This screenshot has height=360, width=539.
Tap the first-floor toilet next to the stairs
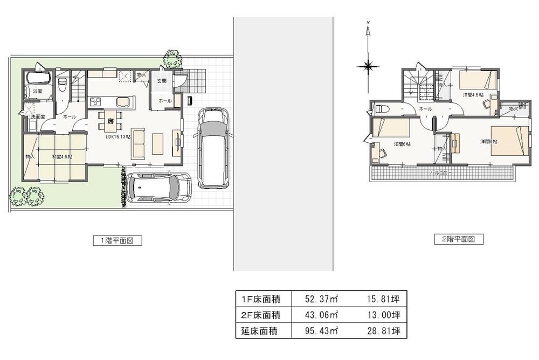point(62,85)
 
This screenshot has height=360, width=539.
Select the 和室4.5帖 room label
point(62,157)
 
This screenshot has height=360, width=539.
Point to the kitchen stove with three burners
point(96,102)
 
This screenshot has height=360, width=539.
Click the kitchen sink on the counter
point(122,102)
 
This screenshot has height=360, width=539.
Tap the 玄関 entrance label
point(162,81)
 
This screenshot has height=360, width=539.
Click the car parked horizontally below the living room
point(160,188)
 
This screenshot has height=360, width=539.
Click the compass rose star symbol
point(368,67)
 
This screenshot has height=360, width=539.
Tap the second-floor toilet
point(382,108)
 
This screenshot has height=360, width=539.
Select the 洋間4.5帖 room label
point(473,95)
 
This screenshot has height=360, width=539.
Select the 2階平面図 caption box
point(459,239)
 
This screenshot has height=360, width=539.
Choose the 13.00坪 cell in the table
point(383,314)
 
